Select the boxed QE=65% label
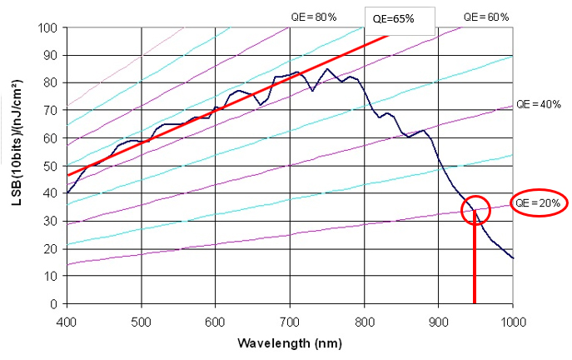coord(392,18)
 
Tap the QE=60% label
coord(485,17)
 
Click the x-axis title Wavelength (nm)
coord(289,342)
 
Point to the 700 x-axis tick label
coord(290,319)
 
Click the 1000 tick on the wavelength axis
coord(513,319)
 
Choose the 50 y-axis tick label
coord(51,166)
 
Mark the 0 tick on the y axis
coord(54,304)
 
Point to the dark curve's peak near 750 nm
coord(327,69)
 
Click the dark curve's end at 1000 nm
coord(513,258)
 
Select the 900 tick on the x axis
coord(439,319)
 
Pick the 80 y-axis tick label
coord(51,82)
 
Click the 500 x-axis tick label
coord(142,319)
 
